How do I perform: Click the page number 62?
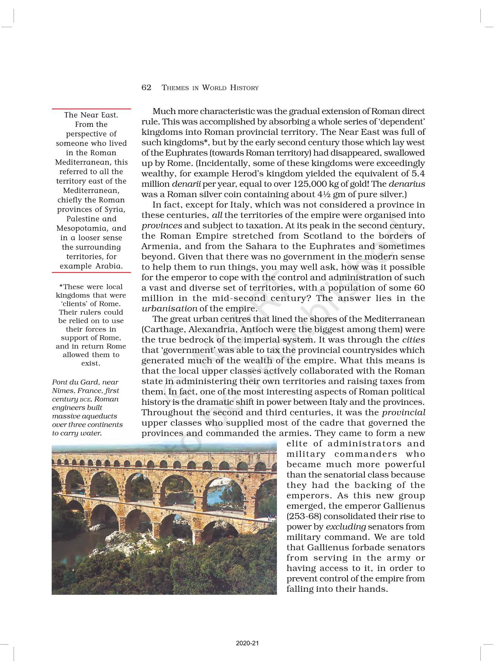tap(146, 88)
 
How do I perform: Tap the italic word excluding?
tap(346, 527)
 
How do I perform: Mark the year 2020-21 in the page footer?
tap(247, 643)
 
